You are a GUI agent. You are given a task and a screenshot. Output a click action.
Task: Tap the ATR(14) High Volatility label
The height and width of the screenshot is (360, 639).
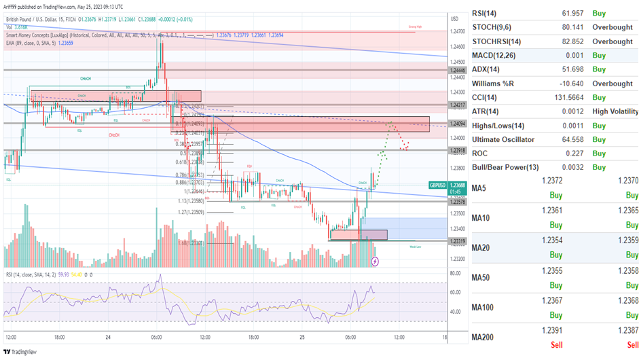pyautogui.click(x=615, y=111)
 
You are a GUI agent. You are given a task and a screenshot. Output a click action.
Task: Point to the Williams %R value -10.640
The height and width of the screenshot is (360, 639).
pyautogui.click(x=550, y=84)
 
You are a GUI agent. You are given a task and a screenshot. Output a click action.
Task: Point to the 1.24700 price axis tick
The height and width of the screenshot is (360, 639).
pyautogui.click(x=458, y=31)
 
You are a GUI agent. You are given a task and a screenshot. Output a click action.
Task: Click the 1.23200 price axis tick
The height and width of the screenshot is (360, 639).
pyautogui.click(x=458, y=259)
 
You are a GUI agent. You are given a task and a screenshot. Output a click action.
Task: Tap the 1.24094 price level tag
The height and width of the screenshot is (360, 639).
pyautogui.click(x=456, y=124)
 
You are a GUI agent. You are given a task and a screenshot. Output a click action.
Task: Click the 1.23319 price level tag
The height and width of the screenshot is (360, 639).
pyautogui.click(x=456, y=242)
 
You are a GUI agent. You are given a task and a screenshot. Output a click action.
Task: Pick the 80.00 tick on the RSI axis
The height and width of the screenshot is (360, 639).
pyautogui.click(x=456, y=273)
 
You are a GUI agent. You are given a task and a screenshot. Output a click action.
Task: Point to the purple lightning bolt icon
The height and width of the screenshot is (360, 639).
pyautogui.click(x=375, y=261)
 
